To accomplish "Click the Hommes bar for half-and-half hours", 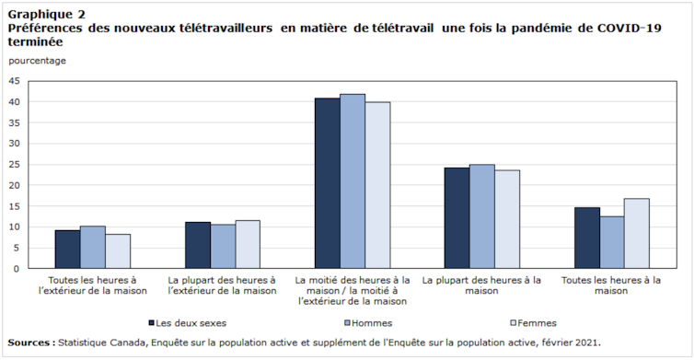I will click(353, 181).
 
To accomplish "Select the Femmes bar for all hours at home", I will click(637, 234).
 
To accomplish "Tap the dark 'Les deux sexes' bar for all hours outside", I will click(67, 250).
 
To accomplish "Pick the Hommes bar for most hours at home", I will click(482, 217).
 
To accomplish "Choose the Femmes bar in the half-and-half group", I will click(377, 185).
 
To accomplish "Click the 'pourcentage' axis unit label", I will click(37, 61).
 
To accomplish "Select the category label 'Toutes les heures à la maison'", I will click(611, 285).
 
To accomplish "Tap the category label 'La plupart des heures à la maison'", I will click(481, 285).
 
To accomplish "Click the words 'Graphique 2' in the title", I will click(41, 14).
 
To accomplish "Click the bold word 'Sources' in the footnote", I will click(29, 343).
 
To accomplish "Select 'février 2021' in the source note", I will click(573, 343).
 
